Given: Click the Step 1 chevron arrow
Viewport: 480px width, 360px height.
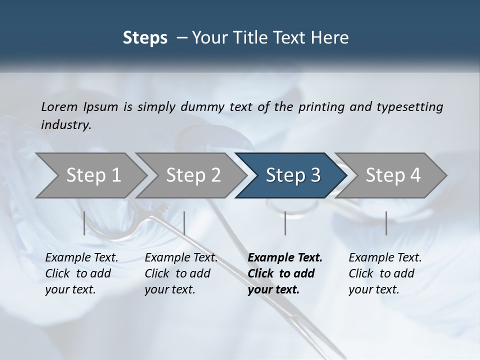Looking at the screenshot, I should click(x=92, y=175).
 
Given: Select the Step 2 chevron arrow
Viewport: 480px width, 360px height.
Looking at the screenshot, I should click(x=192, y=175).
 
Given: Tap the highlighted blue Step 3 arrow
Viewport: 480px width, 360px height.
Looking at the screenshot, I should click(x=292, y=175).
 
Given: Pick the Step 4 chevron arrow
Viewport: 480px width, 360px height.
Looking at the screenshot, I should click(x=392, y=175).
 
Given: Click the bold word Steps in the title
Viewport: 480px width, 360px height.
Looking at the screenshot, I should click(x=145, y=37).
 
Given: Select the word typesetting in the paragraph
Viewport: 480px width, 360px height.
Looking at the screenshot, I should click(x=412, y=106).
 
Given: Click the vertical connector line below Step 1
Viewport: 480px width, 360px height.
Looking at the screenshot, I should click(x=84, y=223).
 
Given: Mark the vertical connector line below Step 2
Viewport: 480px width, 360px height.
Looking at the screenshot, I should click(x=184, y=223).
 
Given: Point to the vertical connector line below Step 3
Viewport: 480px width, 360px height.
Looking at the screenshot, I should click(x=285, y=223).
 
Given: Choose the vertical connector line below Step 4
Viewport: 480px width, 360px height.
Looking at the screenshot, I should click(x=386, y=223).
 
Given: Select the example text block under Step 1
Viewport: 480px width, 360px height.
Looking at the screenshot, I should click(x=81, y=273).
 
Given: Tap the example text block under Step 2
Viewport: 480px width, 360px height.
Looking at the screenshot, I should click(x=181, y=273).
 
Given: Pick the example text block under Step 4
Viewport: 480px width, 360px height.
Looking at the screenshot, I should click(x=385, y=273).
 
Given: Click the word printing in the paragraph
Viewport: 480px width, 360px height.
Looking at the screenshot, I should click(x=322, y=106).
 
